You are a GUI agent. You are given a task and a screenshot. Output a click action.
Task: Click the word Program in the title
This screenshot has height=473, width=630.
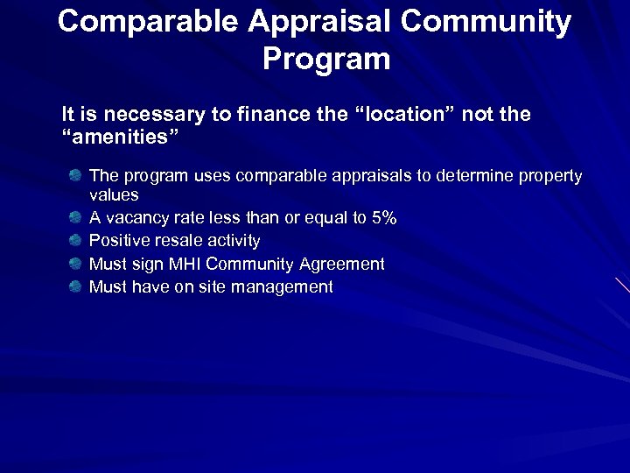pyautogui.click(x=325, y=60)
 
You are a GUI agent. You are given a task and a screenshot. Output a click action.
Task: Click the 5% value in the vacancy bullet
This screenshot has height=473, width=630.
pyautogui.click(x=384, y=218)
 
